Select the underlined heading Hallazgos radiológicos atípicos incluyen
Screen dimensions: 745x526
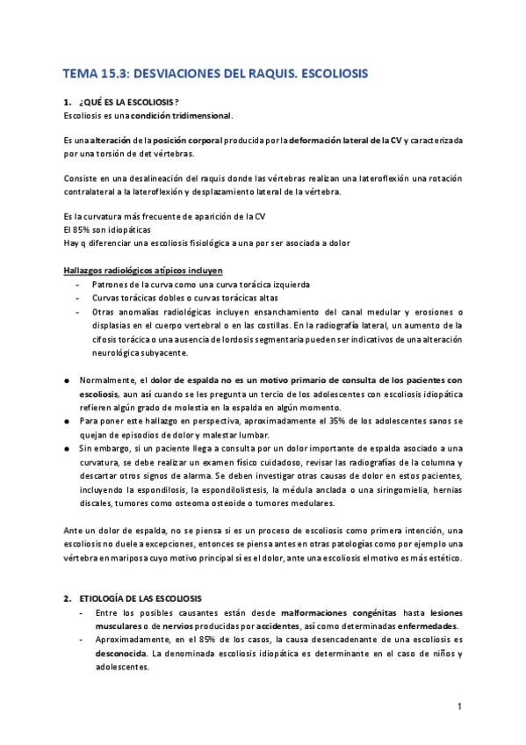[143, 270]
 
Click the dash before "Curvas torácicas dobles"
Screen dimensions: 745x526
[81, 297]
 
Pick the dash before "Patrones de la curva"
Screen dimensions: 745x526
[81, 284]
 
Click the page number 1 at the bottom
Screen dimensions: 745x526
[459, 706]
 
